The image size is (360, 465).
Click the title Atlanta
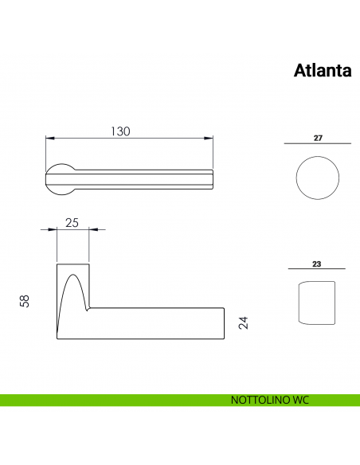[x=323, y=71]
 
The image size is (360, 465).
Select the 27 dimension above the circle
[x=318, y=138]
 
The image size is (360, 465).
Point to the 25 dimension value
[x=72, y=223]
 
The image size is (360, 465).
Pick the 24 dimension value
[x=244, y=323]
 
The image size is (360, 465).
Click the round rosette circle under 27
[x=317, y=178]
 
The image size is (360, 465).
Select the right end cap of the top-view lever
[x=211, y=178]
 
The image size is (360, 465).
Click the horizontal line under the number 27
[x=317, y=144]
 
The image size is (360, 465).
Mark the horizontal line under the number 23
[x=316, y=270]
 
